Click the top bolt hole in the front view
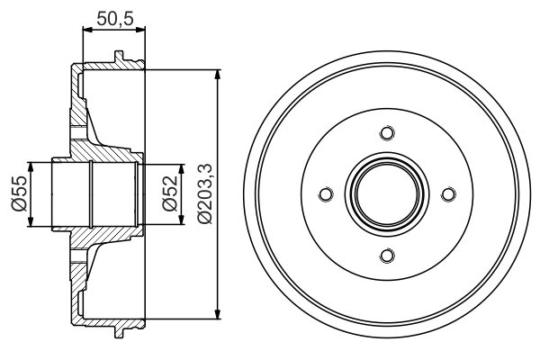[x=387, y=133]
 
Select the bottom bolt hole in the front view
[x=387, y=256]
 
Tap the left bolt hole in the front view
[x=326, y=194]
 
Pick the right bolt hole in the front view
[x=448, y=194]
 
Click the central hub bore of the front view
[x=387, y=194]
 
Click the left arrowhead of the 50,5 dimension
[x=86, y=30]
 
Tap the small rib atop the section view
[x=118, y=58]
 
